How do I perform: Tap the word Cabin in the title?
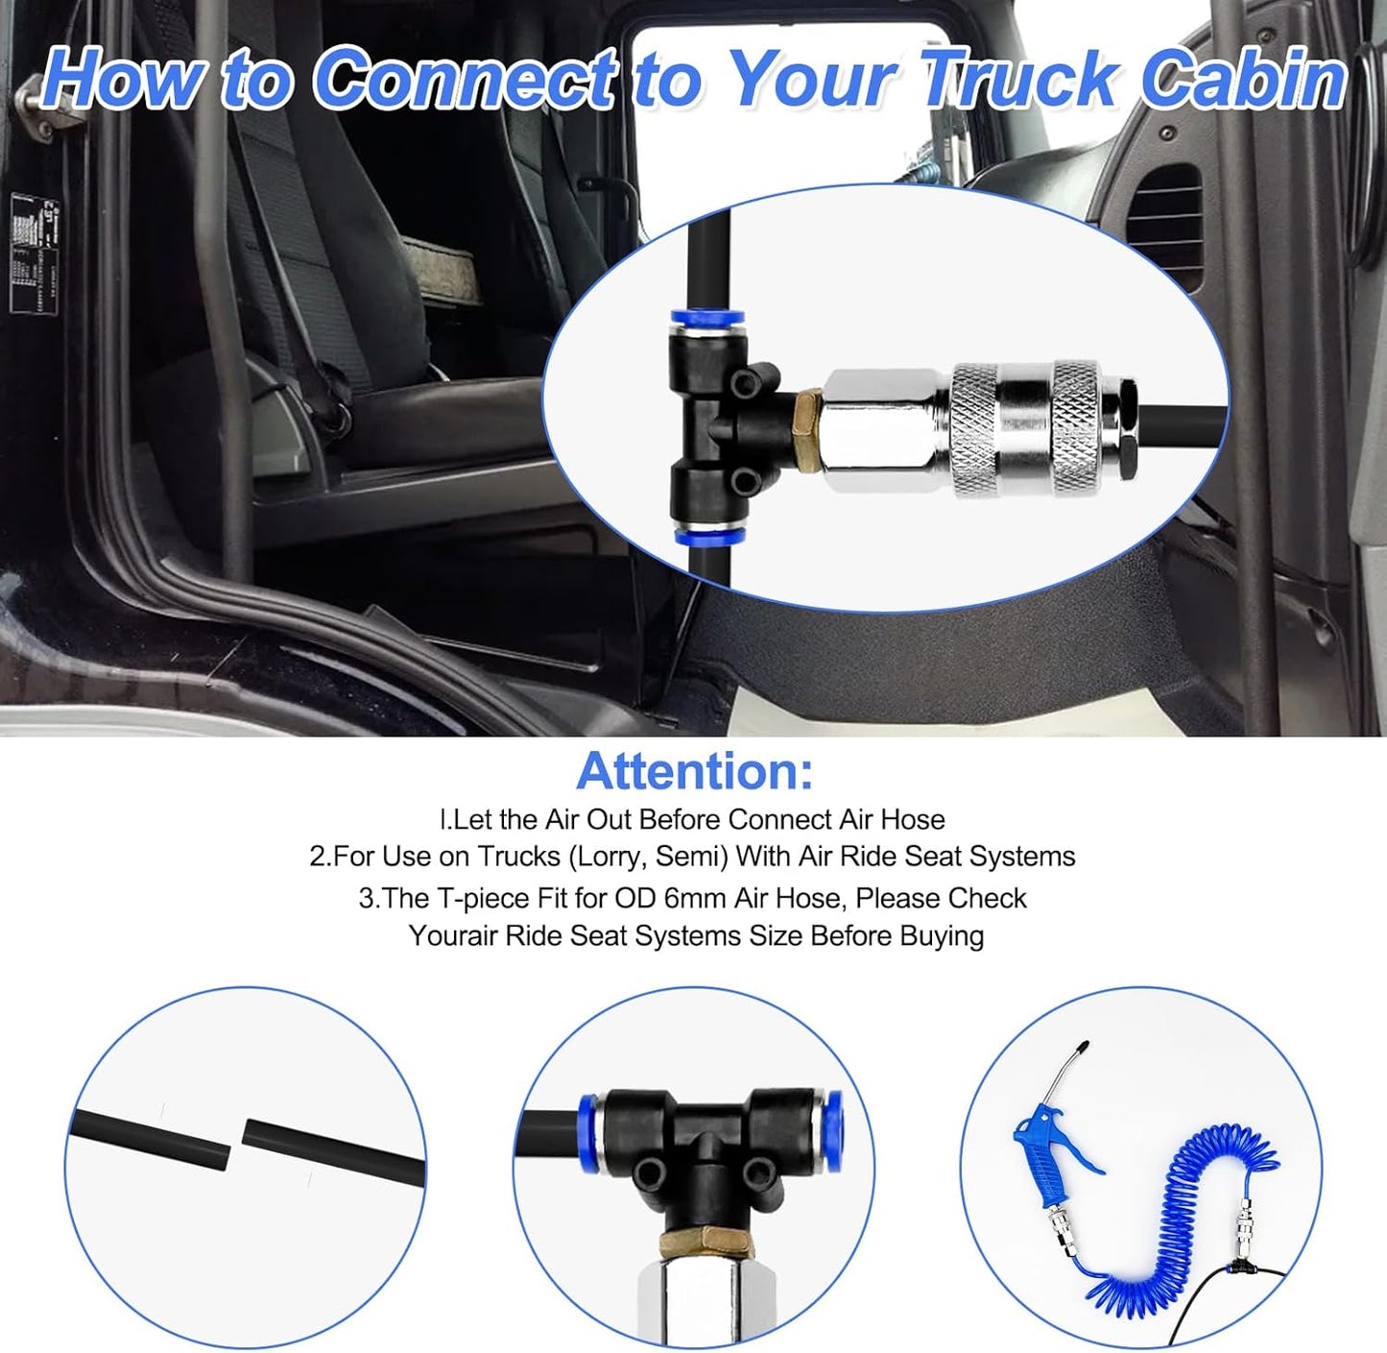[x=1244, y=79]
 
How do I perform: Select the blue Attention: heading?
[x=694, y=770]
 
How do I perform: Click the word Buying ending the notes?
[x=942, y=935]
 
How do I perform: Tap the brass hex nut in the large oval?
[x=808, y=430]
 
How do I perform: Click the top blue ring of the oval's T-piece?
[x=706, y=317]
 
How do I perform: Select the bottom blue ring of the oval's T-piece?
[x=709, y=537]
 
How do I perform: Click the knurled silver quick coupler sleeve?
[x=1026, y=427]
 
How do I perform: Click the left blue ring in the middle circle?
[x=587, y=1127]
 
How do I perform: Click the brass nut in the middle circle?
[x=706, y=1244]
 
